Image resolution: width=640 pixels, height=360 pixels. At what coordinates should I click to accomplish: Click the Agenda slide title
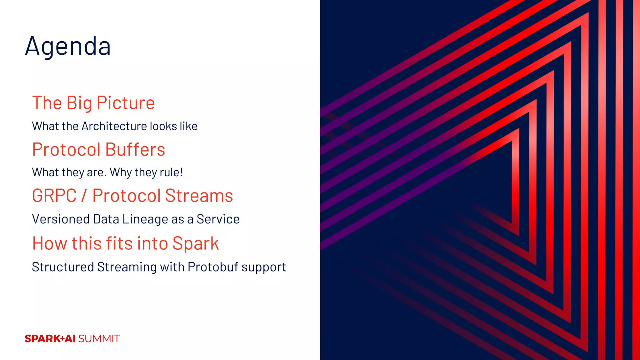[x=68, y=46]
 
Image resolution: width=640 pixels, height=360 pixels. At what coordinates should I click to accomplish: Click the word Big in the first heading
[x=79, y=103]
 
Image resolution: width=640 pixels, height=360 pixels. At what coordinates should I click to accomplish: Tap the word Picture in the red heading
[x=126, y=103]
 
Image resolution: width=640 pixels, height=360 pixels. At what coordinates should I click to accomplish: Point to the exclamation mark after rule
[x=181, y=172]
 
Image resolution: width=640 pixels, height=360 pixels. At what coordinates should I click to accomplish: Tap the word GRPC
[x=54, y=196]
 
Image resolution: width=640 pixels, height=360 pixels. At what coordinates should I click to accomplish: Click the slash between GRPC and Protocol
[x=84, y=196]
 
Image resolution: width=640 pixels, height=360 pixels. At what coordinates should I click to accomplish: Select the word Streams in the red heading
[x=199, y=196]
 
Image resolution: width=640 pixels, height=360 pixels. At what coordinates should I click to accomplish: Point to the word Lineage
[x=145, y=219]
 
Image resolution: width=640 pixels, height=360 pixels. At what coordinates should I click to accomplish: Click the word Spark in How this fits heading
[x=196, y=244]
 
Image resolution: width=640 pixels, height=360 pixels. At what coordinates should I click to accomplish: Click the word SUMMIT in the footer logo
[x=99, y=339]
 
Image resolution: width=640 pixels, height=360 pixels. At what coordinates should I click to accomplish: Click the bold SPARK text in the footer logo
[x=42, y=339]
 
